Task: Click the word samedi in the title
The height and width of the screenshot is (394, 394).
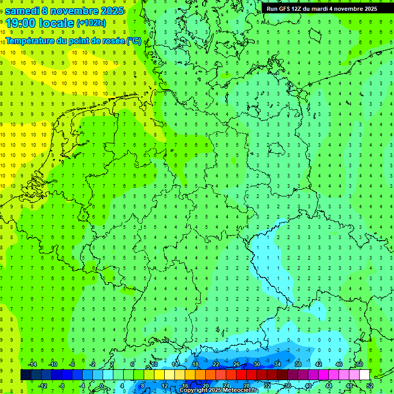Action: pos(23,11)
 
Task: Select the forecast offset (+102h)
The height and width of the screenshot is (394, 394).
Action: pos(91,23)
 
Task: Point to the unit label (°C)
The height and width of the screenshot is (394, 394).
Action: pos(134,41)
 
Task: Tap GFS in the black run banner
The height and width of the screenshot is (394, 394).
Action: pos(285,9)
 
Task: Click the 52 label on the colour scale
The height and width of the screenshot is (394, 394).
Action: pos(369,386)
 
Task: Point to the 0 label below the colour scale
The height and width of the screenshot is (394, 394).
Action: pos(102,386)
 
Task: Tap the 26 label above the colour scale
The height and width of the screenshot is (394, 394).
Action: pos(237,364)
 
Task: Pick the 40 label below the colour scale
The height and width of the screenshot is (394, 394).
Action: pos(308,386)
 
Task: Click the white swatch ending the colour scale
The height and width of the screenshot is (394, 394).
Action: pos(364,375)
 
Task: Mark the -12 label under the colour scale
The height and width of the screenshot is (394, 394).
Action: pos(43,386)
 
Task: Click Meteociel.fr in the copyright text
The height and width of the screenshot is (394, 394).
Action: pos(240,390)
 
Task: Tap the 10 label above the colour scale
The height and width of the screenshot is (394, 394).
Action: pos(154,364)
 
